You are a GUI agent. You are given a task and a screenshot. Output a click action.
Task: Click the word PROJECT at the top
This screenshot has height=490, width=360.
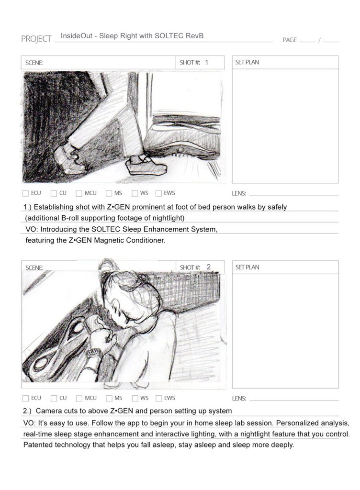pyautogui.click(x=36, y=39)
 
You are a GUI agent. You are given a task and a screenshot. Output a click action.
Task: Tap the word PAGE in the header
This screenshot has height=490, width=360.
pyautogui.click(x=289, y=40)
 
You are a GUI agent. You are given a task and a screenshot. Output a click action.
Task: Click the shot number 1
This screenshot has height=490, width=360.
pyautogui.click(x=206, y=63)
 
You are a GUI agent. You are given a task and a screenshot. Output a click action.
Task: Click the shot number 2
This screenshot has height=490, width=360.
pyautogui.click(x=208, y=267)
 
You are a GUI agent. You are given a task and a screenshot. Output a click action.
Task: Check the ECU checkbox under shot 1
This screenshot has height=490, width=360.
pyautogui.click(x=25, y=193)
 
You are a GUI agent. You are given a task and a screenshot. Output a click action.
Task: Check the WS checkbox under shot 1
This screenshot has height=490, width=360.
pyautogui.click(x=135, y=193)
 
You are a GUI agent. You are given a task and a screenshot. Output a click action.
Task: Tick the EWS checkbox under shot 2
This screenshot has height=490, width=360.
pyautogui.click(x=159, y=398)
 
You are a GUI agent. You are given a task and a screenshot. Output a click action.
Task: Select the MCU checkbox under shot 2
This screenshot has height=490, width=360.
pyautogui.click(x=79, y=398)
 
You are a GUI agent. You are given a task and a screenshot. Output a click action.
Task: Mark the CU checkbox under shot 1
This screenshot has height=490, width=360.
pyautogui.click(x=54, y=193)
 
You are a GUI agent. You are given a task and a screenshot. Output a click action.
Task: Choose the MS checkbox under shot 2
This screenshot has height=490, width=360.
pyautogui.click(x=109, y=398)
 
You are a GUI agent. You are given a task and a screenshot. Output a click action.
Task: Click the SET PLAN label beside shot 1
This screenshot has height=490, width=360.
pyautogui.click(x=247, y=62)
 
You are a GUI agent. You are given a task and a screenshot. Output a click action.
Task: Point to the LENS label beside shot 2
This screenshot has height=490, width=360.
pyautogui.click(x=239, y=399)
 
